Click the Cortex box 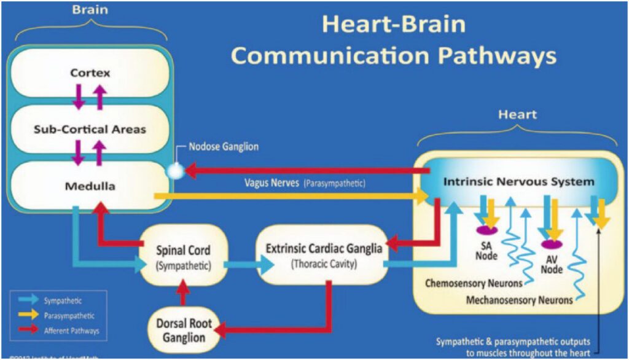click(90, 72)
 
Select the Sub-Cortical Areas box click(90, 129)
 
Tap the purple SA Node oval click(486, 230)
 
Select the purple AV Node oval click(551, 243)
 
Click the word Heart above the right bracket click(517, 114)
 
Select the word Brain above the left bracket click(89, 10)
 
